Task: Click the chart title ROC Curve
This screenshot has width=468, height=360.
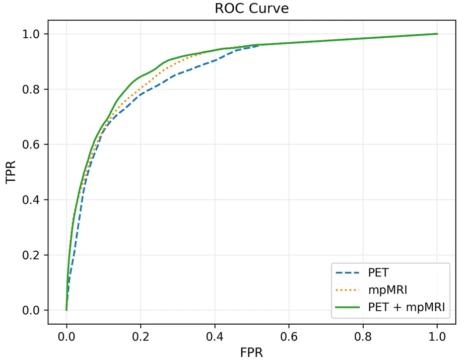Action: (252, 9)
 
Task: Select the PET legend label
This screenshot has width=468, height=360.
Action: (379, 273)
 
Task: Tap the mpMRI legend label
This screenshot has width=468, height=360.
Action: (387, 290)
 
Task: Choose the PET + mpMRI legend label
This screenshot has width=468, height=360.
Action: (407, 307)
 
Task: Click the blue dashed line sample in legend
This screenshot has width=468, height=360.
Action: (348, 273)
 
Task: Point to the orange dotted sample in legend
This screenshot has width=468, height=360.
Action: (348, 290)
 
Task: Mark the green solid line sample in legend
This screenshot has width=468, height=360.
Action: (348, 307)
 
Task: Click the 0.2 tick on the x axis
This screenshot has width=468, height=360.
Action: (141, 334)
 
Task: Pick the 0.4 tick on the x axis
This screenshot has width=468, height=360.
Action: (215, 334)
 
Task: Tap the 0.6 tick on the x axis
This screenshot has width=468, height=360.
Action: (289, 334)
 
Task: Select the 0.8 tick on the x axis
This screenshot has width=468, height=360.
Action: (363, 334)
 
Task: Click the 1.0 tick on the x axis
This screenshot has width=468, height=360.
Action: (437, 334)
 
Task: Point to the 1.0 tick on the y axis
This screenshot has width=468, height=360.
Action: (34, 34)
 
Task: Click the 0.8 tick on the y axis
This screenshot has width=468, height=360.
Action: (34, 89)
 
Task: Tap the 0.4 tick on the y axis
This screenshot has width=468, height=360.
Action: (34, 200)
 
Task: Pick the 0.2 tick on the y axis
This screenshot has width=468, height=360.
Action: (34, 255)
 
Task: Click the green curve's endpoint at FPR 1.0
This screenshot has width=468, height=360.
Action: (437, 34)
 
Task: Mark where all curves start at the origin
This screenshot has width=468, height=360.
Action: (66, 310)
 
